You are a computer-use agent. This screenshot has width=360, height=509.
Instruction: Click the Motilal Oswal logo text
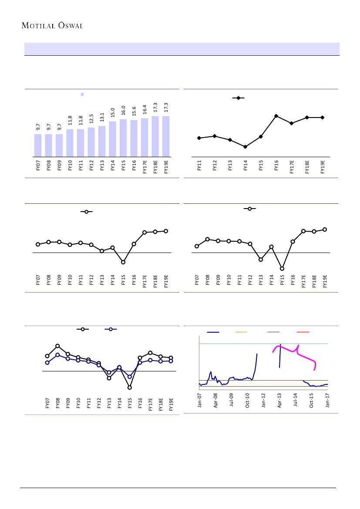(52, 25)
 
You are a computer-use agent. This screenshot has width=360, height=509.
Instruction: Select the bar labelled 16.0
(123, 138)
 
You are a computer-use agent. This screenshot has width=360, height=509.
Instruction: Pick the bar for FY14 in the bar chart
(112, 139)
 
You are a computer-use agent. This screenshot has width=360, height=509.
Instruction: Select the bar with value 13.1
(102, 141)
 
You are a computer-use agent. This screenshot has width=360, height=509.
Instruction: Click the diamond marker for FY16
(276, 116)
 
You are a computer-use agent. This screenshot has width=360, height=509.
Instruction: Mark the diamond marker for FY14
(245, 147)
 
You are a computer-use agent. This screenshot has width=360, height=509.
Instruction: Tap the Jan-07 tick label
(200, 400)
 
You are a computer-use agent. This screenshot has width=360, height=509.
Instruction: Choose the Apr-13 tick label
(279, 400)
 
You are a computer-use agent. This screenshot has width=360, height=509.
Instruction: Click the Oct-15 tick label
(312, 400)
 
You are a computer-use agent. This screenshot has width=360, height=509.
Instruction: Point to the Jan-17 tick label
(327, 400)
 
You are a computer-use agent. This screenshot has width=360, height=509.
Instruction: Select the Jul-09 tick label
(232, 400)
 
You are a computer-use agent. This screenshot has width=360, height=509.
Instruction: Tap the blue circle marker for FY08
(57, 355)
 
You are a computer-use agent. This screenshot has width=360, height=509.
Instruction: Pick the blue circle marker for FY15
(130, 377)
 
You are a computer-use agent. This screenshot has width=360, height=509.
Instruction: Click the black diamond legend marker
(238, 98)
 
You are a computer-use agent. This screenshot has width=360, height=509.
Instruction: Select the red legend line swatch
(303, 332)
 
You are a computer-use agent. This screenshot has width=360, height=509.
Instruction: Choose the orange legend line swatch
(241, 332)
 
